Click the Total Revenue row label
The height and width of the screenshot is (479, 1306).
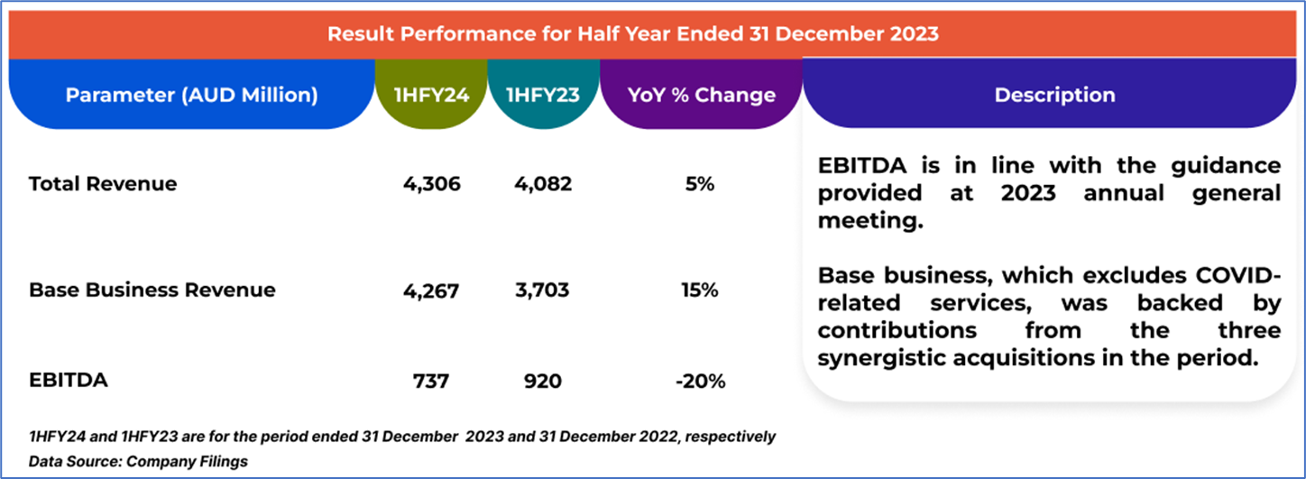[103, 184]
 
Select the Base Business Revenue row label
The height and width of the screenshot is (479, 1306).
[152, 290]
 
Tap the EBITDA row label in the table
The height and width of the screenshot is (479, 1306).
[68, 380]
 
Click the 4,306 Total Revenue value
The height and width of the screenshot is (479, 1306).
[432, 184]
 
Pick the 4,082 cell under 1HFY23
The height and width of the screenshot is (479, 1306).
[543, 184]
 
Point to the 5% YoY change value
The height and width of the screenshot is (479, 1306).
[700, 184]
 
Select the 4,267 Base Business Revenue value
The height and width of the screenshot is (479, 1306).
[432, 290]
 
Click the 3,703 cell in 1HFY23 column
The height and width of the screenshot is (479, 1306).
[543, 290]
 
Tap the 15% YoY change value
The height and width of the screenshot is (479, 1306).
[700, 290]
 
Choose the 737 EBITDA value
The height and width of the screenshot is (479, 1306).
[432, 382]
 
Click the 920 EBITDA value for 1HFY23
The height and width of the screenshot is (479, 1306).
[543, 382]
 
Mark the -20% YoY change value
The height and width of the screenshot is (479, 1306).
[700, 382]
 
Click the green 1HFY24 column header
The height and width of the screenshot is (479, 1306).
[431, 95]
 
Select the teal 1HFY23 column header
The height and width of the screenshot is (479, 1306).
[542, 95]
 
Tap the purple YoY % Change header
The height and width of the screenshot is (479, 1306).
[701, 95]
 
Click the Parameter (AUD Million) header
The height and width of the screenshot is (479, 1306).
[191, 95]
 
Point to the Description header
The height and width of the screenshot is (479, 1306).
[1054, 95]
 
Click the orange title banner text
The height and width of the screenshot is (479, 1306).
[632, 34]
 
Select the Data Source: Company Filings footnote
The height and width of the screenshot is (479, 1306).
[138, 461]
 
